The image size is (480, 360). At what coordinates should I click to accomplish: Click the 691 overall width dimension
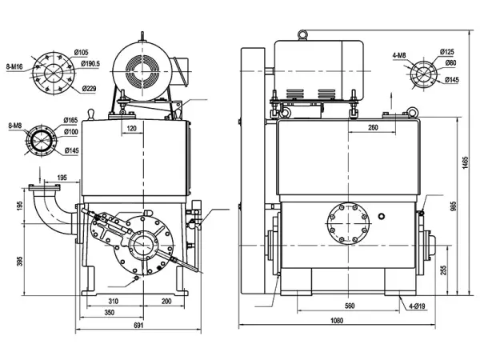coord(138,326)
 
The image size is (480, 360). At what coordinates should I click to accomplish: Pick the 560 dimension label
coord(350,306)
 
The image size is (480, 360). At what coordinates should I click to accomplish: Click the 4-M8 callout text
coord(402,56)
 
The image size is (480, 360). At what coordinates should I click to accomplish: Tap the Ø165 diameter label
coord(71,119)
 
